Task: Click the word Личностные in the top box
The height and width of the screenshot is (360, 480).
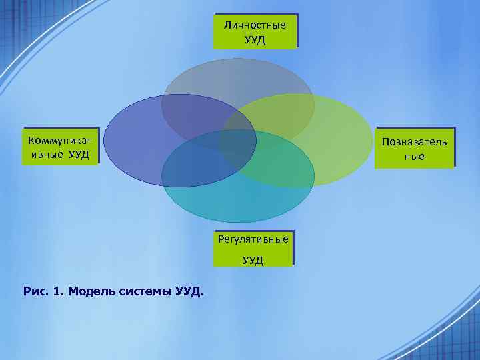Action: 255,25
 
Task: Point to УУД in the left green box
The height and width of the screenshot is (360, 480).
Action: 79,155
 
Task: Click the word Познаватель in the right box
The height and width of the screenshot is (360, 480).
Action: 414,142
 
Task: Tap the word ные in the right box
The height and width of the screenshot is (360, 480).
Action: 414,157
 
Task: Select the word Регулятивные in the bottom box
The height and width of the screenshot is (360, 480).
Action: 253,239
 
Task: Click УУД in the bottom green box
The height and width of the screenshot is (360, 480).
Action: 253,260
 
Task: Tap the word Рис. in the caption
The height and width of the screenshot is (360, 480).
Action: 35,291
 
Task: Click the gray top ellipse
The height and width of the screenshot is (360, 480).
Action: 237,77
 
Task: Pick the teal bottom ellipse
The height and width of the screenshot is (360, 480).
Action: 237,200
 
